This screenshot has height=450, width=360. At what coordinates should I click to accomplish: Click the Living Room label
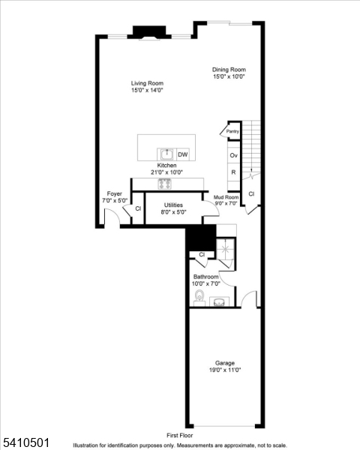point(148,83)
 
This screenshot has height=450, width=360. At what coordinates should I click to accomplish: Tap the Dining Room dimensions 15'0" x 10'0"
point(229,76)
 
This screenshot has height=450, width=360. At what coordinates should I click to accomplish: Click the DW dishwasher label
point(183,154)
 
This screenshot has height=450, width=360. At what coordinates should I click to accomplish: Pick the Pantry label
point(232,131)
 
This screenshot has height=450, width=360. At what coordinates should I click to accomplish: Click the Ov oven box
point(233,155)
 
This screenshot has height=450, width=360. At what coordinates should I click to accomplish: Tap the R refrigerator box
point(233,172)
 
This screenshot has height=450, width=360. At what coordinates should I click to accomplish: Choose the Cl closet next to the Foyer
point(137,208)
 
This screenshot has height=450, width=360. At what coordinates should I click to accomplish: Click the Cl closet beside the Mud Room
point(252,193)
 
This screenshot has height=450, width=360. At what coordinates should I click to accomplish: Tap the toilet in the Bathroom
point(199,299)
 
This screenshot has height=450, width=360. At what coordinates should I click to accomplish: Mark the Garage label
point(225,361)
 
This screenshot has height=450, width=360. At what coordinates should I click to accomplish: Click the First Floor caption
point(180,435)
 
